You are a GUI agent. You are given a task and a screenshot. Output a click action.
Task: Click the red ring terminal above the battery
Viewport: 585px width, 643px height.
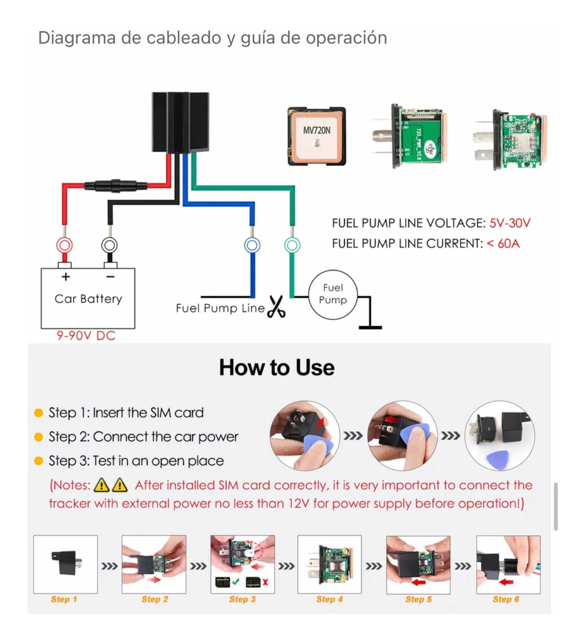click(64, 245)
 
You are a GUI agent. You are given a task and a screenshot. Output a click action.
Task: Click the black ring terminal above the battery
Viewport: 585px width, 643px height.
click(109, 245)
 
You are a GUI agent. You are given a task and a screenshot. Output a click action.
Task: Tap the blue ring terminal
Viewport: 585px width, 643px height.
click(252, 245)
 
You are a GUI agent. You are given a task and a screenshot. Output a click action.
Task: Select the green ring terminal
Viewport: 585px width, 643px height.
click(292, 245)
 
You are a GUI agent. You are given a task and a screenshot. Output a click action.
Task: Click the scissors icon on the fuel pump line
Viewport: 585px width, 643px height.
click(276, 307)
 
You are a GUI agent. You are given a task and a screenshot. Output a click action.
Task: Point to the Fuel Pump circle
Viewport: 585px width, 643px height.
click(332, 294)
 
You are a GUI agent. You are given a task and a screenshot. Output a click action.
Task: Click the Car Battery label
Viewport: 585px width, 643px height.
click(88, 298)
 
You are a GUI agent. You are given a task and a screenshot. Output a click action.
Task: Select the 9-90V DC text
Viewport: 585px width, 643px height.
click(86, 336)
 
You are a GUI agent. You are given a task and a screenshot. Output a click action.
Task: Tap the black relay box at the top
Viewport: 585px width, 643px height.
click(180, 122)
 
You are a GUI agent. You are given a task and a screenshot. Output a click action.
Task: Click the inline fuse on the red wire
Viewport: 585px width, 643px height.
click(116, 186)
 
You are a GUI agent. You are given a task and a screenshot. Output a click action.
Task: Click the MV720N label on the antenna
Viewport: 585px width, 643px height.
click(316, 130)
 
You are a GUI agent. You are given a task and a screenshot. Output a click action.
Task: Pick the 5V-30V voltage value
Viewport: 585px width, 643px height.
click(509, 223)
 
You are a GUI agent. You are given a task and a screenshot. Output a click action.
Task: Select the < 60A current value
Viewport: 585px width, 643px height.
click(503, 244)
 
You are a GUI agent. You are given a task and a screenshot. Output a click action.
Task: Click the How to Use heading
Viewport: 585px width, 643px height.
click(277, 368)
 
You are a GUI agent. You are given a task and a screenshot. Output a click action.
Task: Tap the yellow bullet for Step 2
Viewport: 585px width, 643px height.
click(38, 437)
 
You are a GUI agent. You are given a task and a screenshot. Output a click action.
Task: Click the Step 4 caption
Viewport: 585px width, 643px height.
click(329, 599)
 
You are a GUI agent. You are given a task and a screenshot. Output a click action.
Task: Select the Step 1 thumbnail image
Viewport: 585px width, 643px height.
click(65, 564)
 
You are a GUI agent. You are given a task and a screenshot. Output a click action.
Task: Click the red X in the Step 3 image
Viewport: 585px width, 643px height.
click(265, 582)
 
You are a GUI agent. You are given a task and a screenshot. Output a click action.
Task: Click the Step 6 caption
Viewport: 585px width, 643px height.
click(506, 599)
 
